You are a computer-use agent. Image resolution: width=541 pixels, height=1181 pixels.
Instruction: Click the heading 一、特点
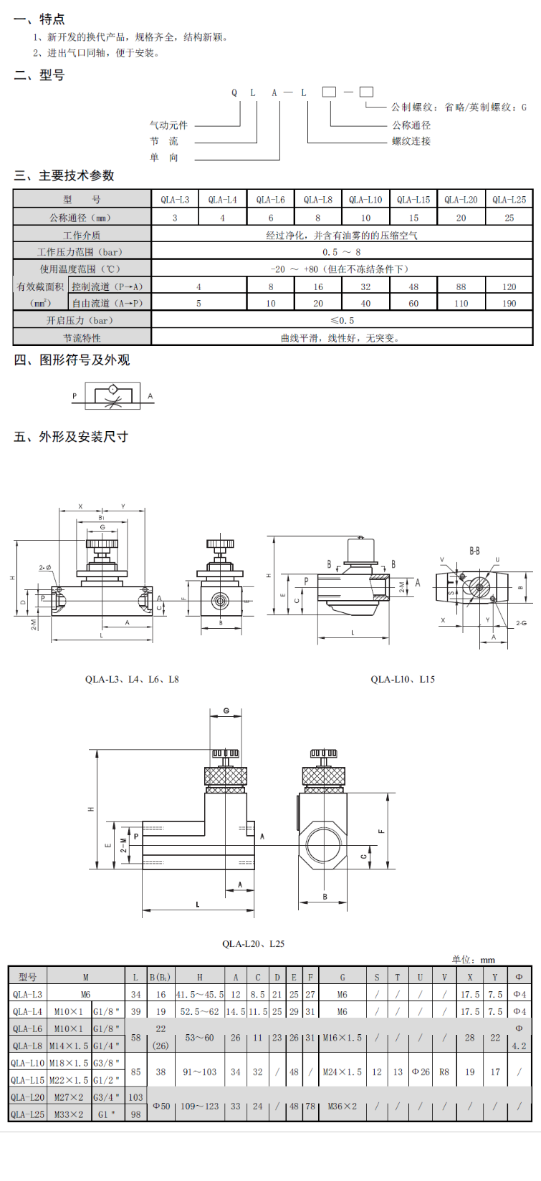click(39, 19)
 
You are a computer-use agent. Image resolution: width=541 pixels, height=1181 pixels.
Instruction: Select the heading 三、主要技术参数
click(64, 175)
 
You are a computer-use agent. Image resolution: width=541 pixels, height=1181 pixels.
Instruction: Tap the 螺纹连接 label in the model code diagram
click(411, 141)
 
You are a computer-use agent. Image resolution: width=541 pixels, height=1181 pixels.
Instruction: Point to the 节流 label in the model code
click(164, 141)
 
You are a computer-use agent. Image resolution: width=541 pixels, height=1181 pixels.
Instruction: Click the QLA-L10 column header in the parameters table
click(365, 200)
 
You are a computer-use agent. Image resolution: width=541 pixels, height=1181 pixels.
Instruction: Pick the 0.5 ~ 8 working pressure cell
click(342, 252)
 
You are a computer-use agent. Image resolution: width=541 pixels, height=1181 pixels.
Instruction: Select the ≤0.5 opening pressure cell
click(342, 321)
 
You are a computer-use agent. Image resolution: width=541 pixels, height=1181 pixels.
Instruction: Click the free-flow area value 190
click(509, 304)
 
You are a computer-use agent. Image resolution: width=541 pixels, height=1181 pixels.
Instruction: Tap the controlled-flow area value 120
click(509, 286)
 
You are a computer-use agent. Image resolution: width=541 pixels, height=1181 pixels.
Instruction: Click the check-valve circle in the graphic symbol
click(112, 390)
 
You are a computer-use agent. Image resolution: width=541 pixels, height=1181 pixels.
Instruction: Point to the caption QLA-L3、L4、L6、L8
click(132, 679)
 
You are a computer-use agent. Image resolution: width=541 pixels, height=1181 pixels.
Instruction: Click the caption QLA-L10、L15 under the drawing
click(403, 679)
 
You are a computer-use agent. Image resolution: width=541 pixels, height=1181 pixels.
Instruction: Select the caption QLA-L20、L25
click(253, 943)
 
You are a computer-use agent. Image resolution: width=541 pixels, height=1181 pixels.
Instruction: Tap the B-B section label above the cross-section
click(474, 551)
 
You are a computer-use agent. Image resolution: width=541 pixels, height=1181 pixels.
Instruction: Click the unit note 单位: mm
click(473, 960)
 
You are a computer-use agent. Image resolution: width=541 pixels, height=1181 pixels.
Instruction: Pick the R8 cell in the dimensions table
click(444, 1072)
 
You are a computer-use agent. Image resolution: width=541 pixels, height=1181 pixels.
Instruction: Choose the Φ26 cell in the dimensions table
click(420, 1072)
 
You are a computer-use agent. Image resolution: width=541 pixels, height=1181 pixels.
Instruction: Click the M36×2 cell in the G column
click(343, 1107)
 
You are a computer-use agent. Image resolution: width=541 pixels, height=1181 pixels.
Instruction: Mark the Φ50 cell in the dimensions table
click(161, 1107)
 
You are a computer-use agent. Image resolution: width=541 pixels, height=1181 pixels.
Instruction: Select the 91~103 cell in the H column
click(199, 1072)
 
